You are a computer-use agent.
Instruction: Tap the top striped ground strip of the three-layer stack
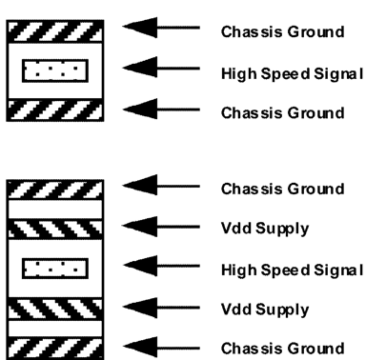(x=54, y=30)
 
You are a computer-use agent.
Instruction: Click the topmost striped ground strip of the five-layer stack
(x=54, y=189)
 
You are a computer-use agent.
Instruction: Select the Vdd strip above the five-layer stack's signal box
(x=54, y=229)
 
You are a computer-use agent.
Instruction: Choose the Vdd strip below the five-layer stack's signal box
(x=54, y=309)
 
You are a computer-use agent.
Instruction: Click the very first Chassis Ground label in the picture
(x=282, y=31)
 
